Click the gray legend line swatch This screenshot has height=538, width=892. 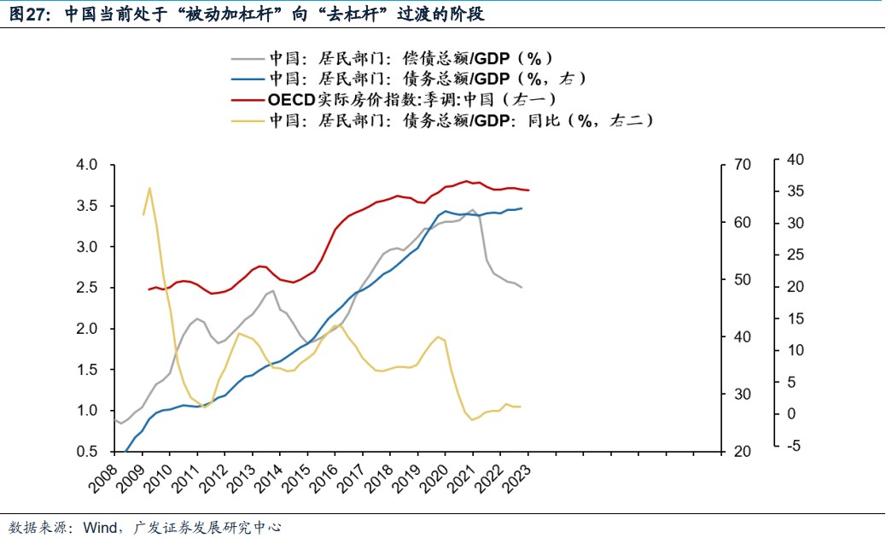click(x=248, y=59)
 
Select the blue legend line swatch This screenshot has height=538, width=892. click(x=248, y=79)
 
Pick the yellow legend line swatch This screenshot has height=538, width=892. click(x=248, y=120)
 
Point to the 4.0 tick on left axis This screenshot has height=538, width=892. click(x=89, y=165)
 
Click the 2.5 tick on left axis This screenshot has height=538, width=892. click(x=89, y=288)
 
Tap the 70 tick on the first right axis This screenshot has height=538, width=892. click(x=740, y=165)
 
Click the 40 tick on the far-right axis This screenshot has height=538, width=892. click(x=795, y=160)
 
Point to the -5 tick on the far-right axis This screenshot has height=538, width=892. click(x=795, y=446)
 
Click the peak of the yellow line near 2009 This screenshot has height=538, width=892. click(x=149, y=188)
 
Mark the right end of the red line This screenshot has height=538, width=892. click(x=528, y=190)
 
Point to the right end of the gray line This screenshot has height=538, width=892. click(x=522, y=287)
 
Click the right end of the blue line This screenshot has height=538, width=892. click(x=522, y=208)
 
